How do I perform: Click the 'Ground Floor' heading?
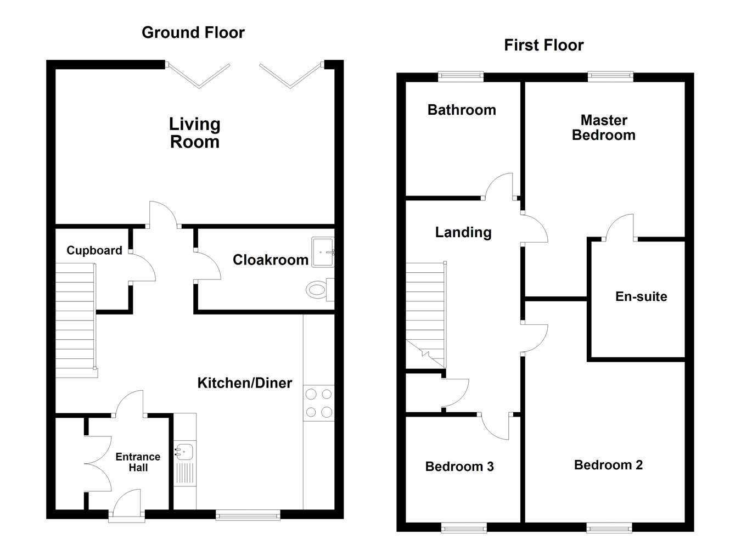[193, 33]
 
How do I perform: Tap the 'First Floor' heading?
[543, 45]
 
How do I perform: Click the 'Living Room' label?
[195, 133]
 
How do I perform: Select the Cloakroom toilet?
[317, 289]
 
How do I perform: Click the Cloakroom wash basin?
[322, 252]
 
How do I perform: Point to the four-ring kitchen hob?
[318, 403]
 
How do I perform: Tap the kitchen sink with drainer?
[185, 463]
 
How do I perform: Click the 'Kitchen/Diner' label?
[245, 383]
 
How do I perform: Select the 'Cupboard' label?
[94, 251]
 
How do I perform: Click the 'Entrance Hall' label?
[138, 462]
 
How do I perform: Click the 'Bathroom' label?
[462, 110]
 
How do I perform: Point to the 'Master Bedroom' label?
[604, 128]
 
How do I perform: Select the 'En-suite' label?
[641, 297]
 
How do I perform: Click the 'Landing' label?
[463, 233]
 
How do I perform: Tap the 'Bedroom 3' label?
[459, 467]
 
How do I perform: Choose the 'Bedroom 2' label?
[608, 465]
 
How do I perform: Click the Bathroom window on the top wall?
[461, 77]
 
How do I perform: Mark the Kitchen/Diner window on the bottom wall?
[248, 514]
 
